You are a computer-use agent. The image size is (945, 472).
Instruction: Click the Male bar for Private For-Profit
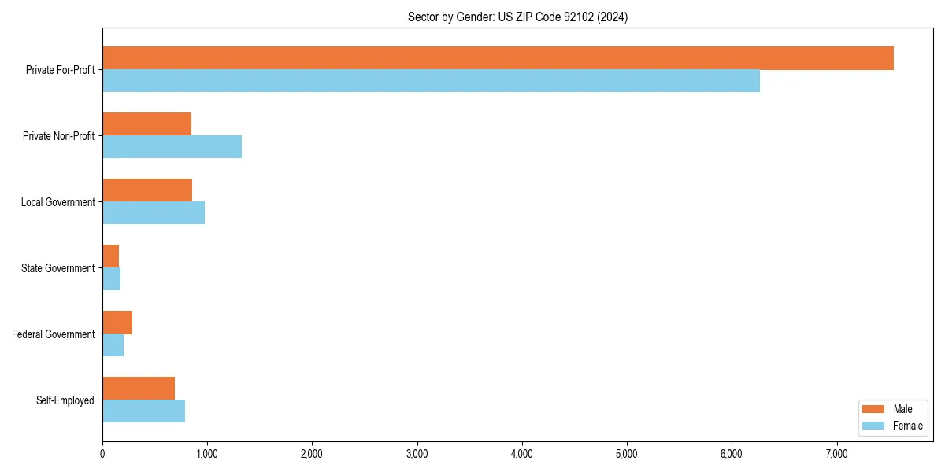498,58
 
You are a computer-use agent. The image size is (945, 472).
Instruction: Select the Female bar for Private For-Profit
431,81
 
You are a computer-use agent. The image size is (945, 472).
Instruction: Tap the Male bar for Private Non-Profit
146,124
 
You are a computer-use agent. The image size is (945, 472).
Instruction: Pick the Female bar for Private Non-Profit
172,147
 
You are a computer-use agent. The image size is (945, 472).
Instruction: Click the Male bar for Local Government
147,190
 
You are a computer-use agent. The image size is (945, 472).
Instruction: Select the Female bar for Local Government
154,213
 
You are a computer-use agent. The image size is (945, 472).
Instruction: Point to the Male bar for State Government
111,256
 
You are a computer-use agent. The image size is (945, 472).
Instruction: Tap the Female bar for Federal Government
113,345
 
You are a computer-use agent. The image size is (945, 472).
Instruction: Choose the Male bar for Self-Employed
139,389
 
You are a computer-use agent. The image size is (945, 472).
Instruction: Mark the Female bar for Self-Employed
143,411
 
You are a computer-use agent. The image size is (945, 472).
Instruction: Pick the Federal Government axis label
54,334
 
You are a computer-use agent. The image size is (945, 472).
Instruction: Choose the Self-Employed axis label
65,400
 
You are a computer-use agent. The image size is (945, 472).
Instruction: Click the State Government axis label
58,268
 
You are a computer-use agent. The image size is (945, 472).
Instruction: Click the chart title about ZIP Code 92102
517,17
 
